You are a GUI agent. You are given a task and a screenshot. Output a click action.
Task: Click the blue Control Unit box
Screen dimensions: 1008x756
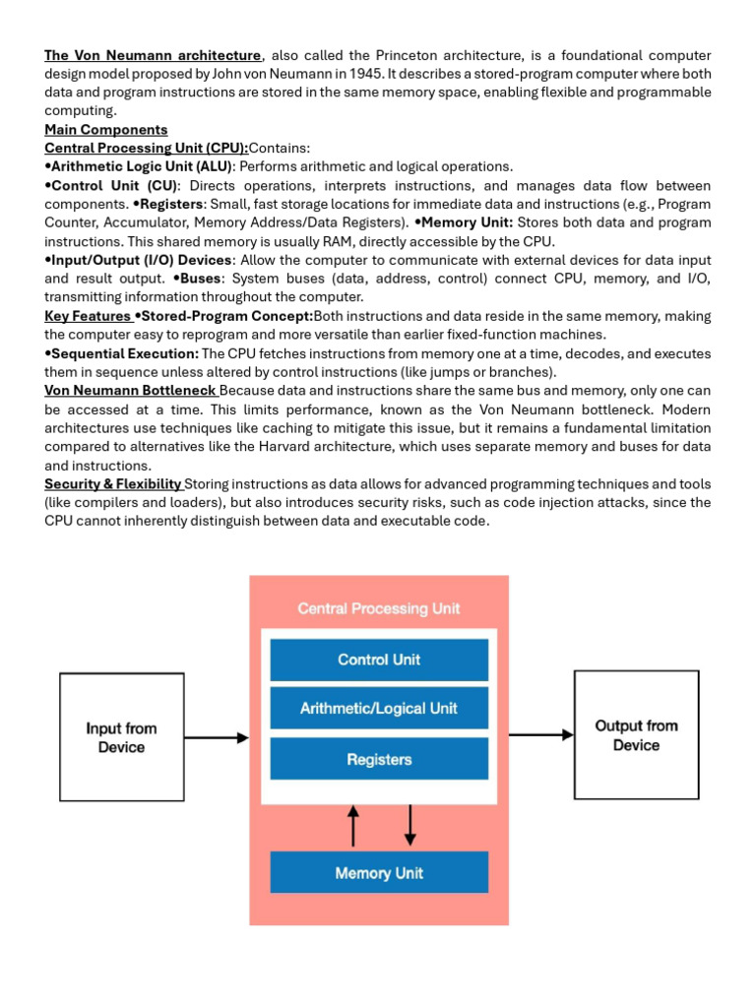pyautogui.click(x=379, y=660)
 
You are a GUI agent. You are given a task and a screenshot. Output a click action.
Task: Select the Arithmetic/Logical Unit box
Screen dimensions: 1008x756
pyautogui.click(x=379, y=709)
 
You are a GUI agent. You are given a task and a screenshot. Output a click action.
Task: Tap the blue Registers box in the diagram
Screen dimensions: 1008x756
pyautogui.click(x=379, y=759)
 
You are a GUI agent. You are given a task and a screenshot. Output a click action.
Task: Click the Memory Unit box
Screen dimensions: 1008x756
pyautogui.click(x=379, y=872)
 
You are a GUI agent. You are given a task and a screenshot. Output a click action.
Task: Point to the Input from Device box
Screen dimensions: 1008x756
pyautogui.click(x=121, y=737)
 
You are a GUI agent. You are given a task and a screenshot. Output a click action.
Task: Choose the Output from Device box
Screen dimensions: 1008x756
pyautogui.click(x=636, y=735)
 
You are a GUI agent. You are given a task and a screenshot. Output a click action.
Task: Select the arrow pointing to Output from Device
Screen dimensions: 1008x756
pyautogui.click(x=540, y=733)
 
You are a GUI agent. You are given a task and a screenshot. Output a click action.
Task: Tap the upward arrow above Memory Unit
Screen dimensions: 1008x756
pyautogui.click(x=354, y=825)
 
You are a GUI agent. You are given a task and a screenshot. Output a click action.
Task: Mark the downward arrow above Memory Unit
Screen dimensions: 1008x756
pyautogui.click(x=410, y=825)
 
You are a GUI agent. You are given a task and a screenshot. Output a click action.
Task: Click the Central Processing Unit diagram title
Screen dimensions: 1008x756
pyautogui.click(x=379, y=608)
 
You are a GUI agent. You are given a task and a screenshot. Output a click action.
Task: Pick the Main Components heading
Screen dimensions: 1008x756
pyautogui.click(x=106, y=130)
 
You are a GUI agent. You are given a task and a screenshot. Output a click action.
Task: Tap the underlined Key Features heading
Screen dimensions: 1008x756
pyautogui.click(x=87, y=316)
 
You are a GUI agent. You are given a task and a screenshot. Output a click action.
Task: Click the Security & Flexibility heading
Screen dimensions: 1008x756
pyautogui.click(x=112, y=484)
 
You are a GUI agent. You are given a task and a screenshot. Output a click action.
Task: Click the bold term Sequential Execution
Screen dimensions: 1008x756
pyautogui.click(x=125, y=353)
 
